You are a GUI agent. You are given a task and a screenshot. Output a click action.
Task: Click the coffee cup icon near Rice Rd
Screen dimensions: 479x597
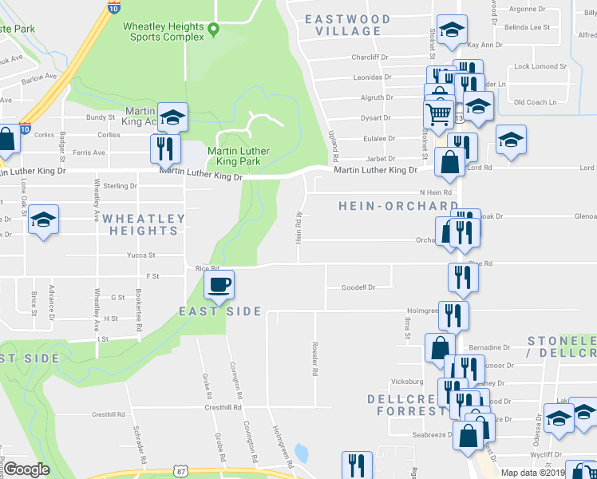219,284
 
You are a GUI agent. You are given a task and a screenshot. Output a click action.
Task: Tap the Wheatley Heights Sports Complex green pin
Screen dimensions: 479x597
213,31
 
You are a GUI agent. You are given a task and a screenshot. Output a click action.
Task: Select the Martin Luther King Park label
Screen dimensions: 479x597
239,156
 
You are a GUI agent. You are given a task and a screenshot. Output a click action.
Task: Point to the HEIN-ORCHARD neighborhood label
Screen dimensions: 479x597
398,206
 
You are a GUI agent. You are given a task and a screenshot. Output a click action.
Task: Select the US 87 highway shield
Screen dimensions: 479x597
181,473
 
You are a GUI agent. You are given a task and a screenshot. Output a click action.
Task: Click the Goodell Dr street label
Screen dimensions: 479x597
358,287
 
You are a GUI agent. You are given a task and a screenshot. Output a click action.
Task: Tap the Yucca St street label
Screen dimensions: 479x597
140,255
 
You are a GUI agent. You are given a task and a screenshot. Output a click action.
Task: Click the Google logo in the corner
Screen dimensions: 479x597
26,469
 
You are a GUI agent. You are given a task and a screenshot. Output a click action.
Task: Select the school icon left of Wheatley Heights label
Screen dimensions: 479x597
43,220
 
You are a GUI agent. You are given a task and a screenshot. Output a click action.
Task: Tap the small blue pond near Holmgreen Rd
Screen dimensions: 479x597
302,453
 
